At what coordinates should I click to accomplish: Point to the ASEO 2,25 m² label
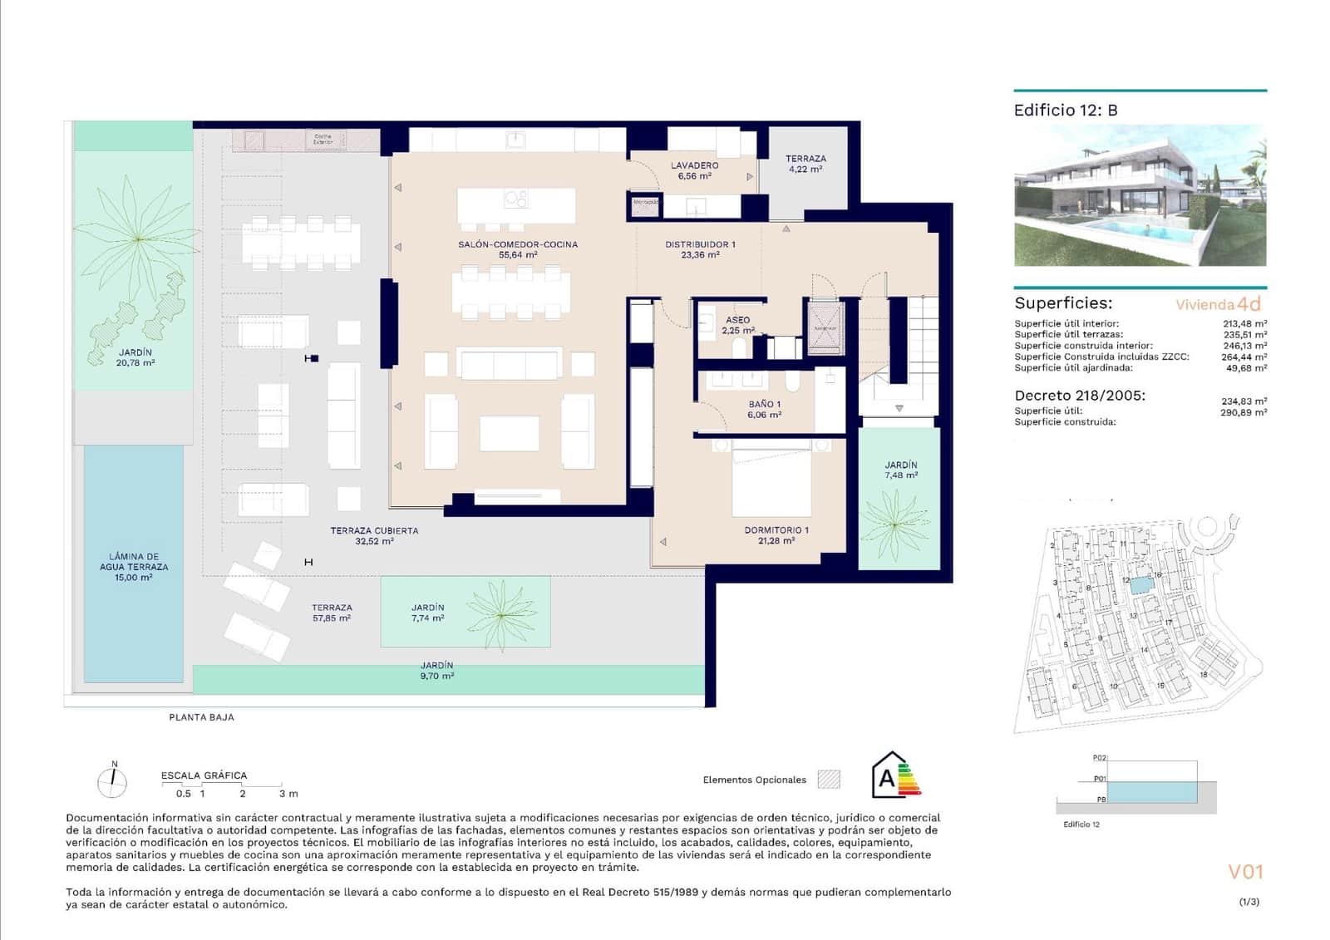click(x=737, y=325)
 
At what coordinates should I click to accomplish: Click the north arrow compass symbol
click(x=113, y=781)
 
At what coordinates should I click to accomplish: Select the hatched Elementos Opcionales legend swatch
click(x=829, y=779)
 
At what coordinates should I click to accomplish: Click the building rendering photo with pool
click(x=1140, y=196)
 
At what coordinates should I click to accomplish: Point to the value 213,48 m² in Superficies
click(x=1244, y=324)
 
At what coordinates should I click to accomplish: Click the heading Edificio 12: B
click(x=1065, y=110)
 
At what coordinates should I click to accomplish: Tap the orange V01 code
click(x=1245, y=871)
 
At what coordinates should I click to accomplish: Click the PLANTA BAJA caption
click(x=201, y=716)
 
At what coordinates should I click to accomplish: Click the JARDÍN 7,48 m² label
click(x=900, y=470)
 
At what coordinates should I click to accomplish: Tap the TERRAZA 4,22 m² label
click(x=805, y=163)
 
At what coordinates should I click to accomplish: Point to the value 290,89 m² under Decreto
click(x=1244, y=412)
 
